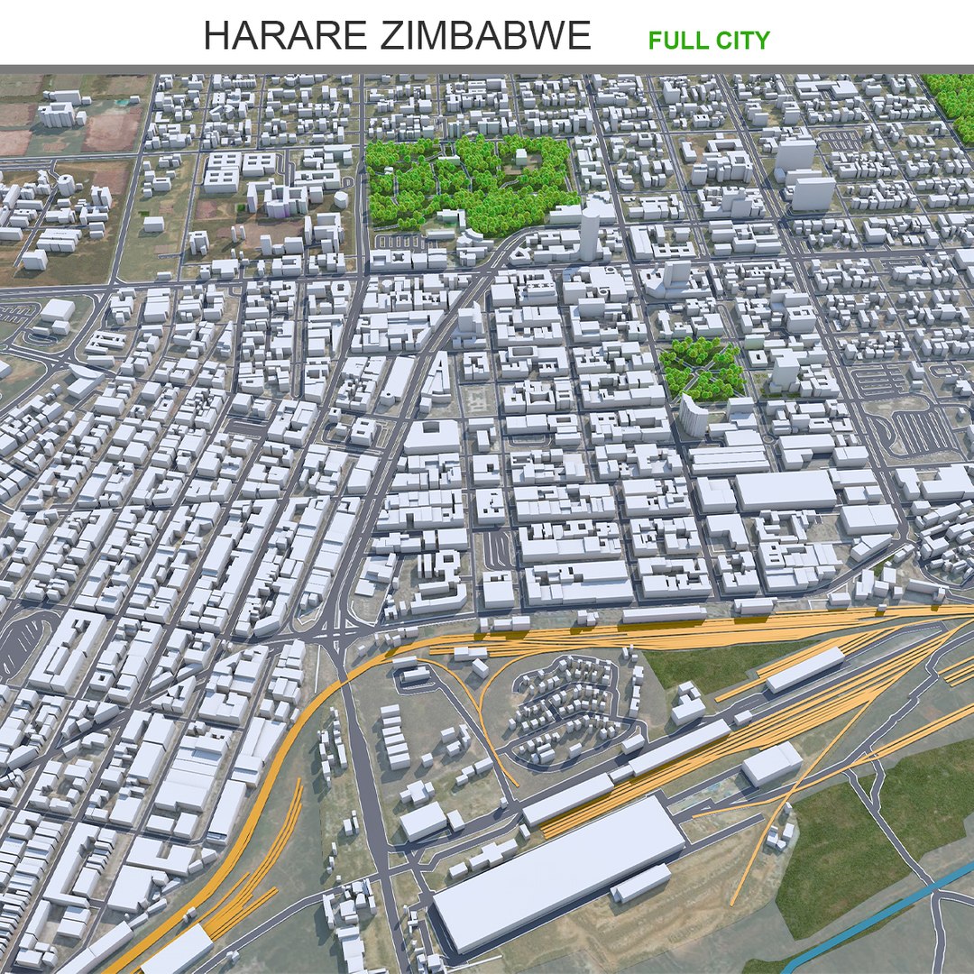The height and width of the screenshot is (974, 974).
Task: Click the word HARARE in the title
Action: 285,36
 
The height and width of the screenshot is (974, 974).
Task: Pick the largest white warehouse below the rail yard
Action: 559,870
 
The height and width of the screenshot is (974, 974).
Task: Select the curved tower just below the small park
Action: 693,416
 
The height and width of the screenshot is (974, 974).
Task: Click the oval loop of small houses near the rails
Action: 568,708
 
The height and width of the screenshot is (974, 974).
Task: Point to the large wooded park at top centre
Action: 469,180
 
